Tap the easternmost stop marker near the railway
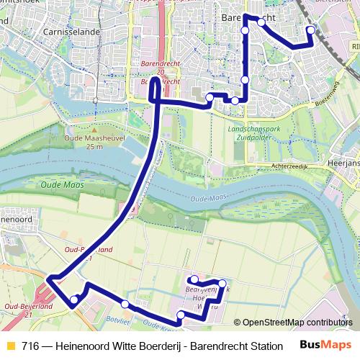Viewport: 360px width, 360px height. (311, 30)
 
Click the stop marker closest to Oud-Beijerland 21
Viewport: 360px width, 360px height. (73, 300)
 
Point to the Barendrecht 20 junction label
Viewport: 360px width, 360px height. (156, 68)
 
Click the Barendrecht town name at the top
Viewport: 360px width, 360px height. (248, 17)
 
